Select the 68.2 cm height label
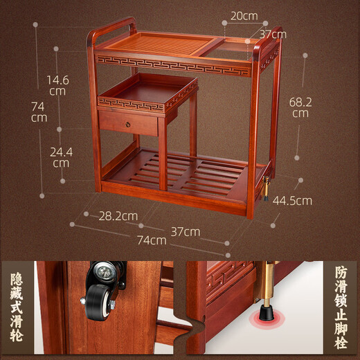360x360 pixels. point(300,107)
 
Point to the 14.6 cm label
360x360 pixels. point(57,85)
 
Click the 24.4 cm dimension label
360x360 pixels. point(61,157)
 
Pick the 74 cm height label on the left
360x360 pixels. point(39,111)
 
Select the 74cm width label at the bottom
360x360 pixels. point(152,240)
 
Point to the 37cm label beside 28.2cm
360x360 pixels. point(186,230)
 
